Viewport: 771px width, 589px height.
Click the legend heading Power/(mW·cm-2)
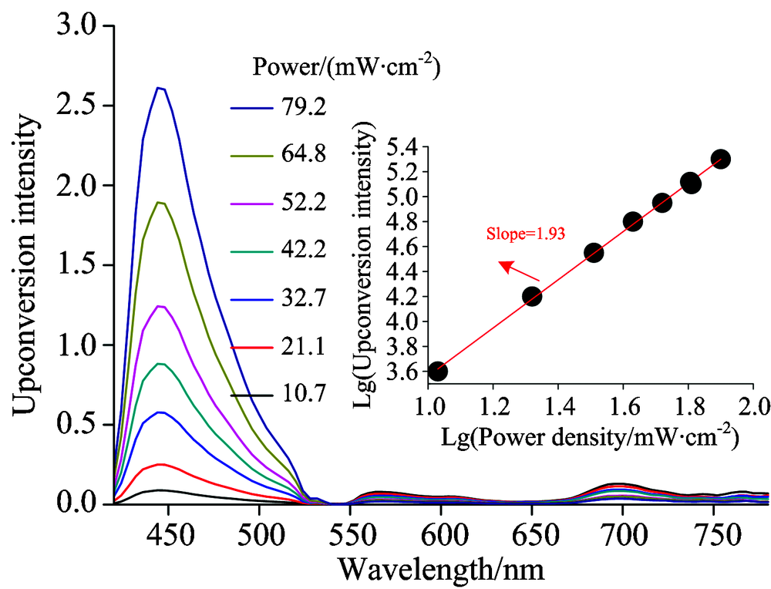coord(346,68)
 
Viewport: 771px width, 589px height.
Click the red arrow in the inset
coord(518,271)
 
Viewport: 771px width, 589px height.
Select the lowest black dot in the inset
coord(438,372)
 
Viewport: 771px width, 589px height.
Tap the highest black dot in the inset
coord(721,159)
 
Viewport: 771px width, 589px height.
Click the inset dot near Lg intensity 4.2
coord(532,296)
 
